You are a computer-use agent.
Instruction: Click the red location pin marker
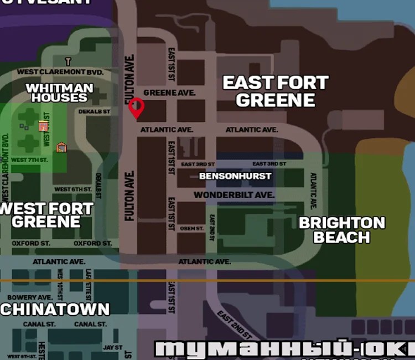point(136,107)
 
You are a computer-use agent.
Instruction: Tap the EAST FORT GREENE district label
point(276,91)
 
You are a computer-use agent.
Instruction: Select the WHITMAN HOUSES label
point(59,93)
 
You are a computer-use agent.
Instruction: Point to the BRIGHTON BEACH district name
point(342,230)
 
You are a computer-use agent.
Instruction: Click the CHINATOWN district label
point(55,309)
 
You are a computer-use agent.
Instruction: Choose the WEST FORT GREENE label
point(47,215)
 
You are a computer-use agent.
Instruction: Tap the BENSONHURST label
point(235,176)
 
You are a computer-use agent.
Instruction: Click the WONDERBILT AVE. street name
point(234,195)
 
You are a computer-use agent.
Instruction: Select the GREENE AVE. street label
point(169,92)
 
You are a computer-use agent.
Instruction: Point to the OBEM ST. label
point(192,228)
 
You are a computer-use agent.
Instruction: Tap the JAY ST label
point(112,347)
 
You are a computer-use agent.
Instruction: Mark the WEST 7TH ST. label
point(29,160)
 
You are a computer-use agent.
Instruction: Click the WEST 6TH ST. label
point(72,189)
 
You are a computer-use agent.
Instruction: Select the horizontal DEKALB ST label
point(95,111)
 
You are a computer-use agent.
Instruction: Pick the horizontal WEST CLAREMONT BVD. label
point(60,72)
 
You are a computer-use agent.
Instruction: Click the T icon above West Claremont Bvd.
point(68,61)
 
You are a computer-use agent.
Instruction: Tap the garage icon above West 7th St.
point(61,147)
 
